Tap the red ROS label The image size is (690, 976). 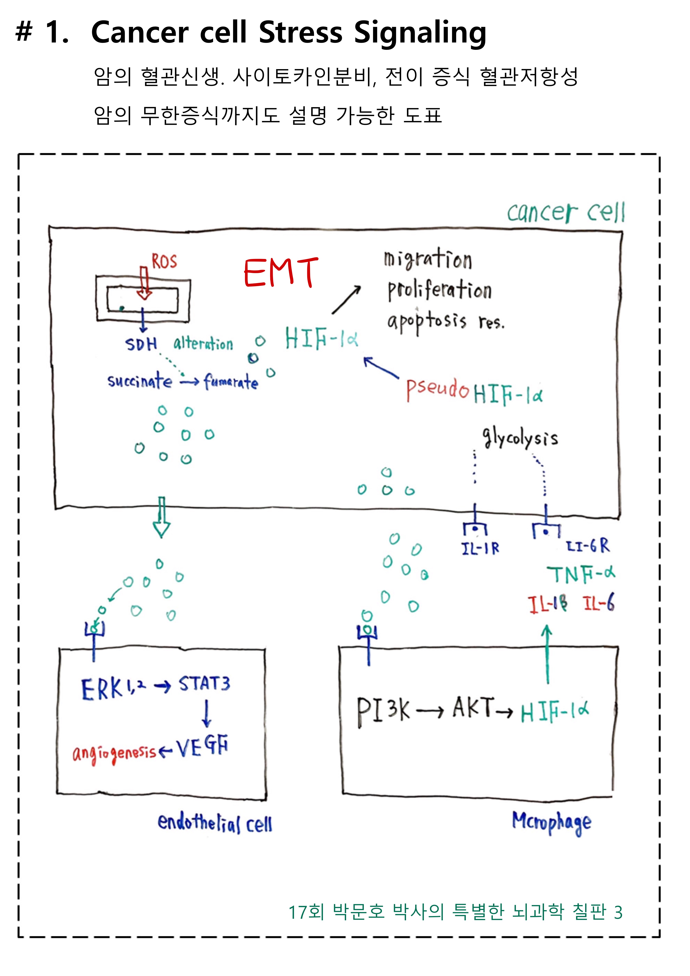point(164,261)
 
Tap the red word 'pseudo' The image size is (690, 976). point(438,389)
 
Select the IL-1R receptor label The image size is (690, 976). point(480,548)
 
